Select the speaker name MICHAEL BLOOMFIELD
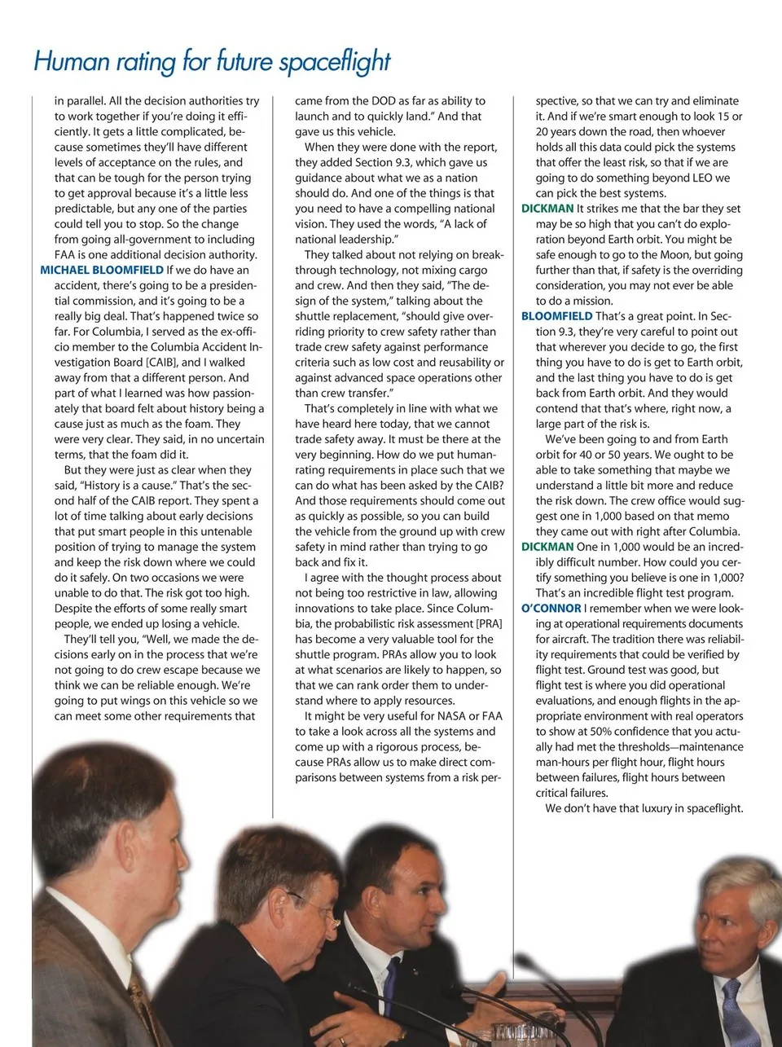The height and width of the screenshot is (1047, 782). tap(102, 270)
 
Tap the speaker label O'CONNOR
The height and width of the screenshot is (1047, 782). tap(551, 608)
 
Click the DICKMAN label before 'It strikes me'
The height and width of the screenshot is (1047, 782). tap(547, 209)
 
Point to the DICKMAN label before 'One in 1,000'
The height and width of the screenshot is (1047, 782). tap(547, 547)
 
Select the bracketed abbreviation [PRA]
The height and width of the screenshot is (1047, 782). tap(489, 623)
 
